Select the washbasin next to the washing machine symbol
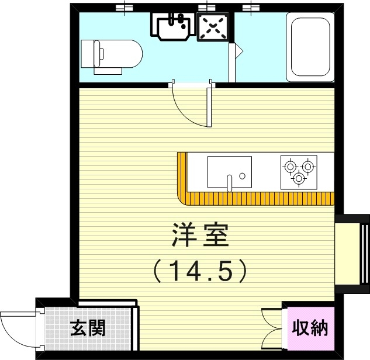174,25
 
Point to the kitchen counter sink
229,171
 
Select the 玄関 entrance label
88,328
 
